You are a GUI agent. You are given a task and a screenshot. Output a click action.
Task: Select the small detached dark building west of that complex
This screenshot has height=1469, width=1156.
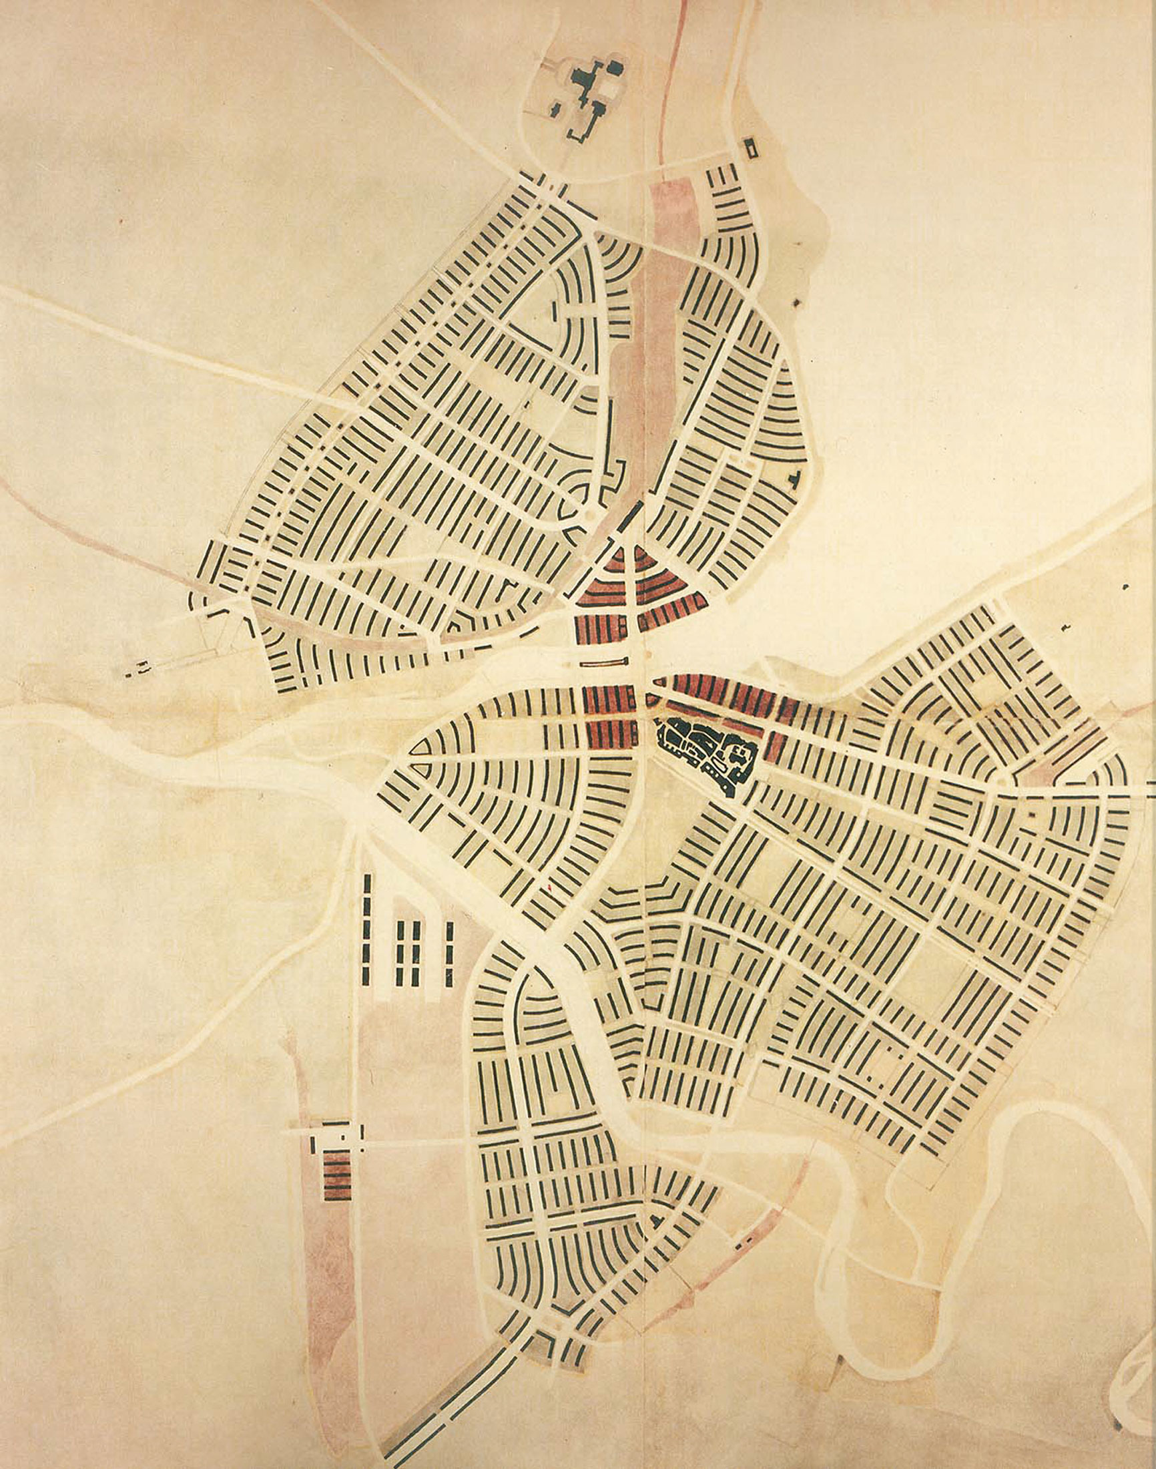pos(557,108)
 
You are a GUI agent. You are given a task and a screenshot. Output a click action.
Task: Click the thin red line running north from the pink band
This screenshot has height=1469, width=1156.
pos(670,81)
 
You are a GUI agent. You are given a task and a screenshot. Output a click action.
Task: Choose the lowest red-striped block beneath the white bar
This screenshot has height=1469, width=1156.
pos(611,735)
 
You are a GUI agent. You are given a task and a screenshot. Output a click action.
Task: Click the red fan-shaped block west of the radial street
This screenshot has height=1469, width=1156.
pos(607,582)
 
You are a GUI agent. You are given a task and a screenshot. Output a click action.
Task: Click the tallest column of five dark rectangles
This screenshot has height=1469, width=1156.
pos(367,931)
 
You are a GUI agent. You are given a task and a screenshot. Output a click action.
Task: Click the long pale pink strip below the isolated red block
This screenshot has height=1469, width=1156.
pos(332,1286)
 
